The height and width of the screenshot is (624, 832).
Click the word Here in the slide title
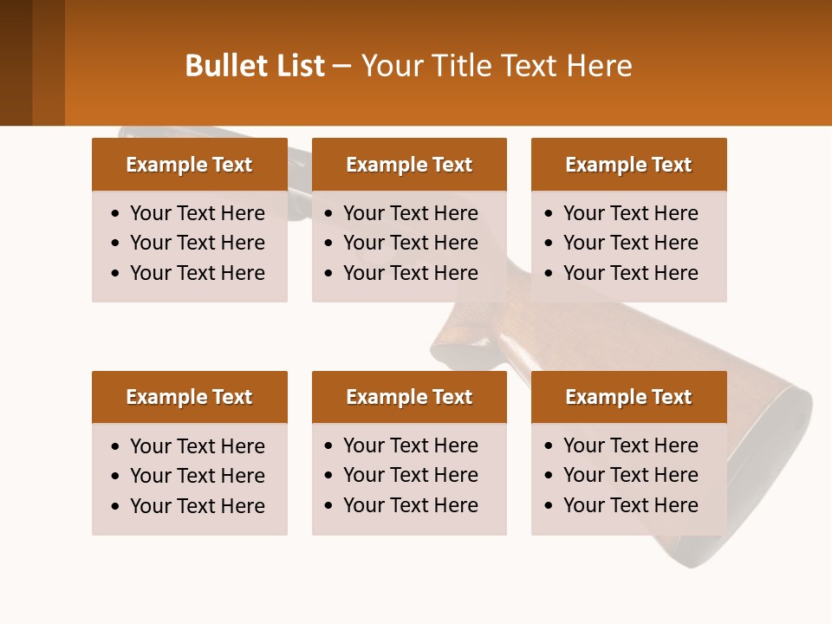click(x=599, y=66)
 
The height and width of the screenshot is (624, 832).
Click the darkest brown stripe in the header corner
click(x=16, y=62)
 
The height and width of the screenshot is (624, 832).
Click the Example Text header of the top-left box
click(x=189, y=165)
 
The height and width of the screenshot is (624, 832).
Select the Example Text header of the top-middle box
click(x=409, y=165)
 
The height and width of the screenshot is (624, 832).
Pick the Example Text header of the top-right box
click(x=628, y=165)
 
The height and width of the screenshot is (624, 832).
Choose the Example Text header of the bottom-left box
click(x=189, y=397)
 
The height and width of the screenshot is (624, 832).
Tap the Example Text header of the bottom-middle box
click(x=409, y=397)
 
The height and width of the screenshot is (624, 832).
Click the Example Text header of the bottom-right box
click(x=628, y=397)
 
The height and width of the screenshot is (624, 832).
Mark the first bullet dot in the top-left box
click(x=116, y=214)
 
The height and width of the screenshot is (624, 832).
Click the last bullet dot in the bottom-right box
click(x=549, y=506)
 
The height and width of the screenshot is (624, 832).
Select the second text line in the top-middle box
click(x=411, y=243)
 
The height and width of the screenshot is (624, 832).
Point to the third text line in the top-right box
click(x=630, y=273)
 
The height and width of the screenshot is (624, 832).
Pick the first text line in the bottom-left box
click(x=198, y=446)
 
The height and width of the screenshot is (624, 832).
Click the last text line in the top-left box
click(x=198, y=273)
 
